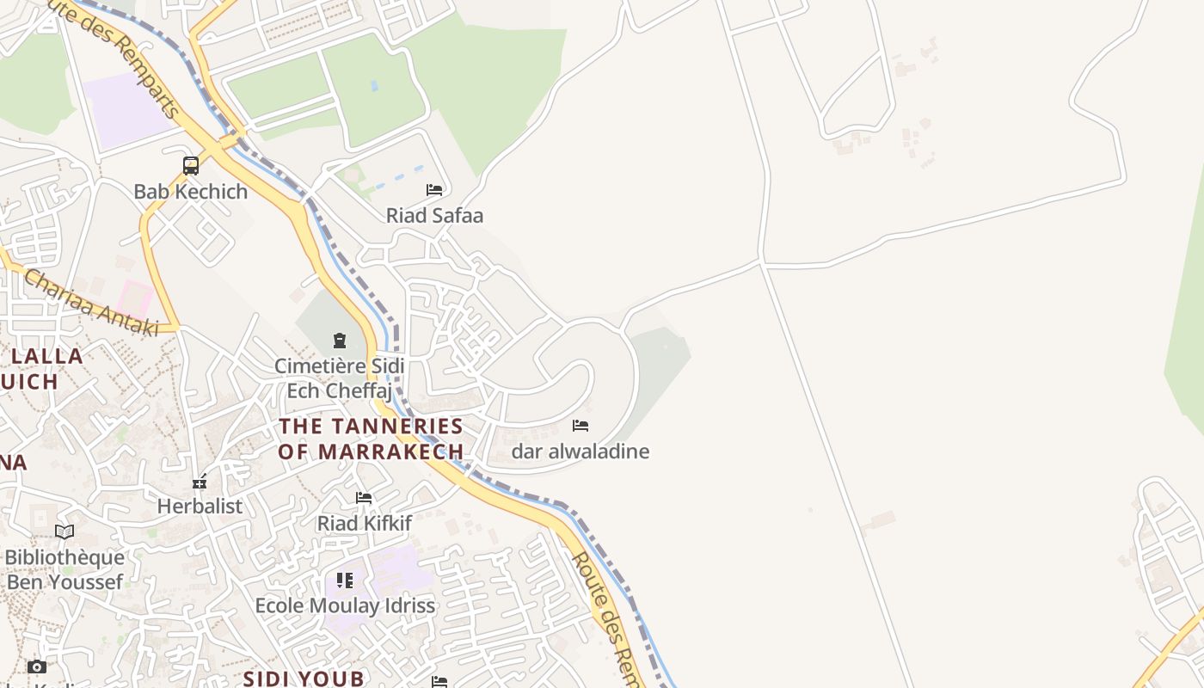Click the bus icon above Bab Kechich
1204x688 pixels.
pos(191,165)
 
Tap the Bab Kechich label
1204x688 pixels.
pos(190,191)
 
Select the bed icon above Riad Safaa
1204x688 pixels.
pos(434,189)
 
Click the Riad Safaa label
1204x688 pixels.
pos(434,215)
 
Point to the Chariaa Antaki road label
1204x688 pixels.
pos(91,302)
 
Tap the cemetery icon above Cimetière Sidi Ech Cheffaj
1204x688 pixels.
pos(339,341)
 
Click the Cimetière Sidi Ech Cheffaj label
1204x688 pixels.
pos(338,378)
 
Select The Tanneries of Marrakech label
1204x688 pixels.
pos(371,439)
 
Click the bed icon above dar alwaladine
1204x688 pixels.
pos(580,425)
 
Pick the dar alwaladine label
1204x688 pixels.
pos(580,451)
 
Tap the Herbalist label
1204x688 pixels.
pos(200,506)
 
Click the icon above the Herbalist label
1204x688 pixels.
pos(200,482)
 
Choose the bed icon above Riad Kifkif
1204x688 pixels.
pos(364,498)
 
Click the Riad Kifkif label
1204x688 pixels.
pos(364,523)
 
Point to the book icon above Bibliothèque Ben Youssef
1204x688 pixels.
pos(64,531)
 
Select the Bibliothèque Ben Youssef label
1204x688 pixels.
pos(64,569)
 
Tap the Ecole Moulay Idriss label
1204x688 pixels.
pos(345,605)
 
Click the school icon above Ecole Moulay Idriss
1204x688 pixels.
pos(345,580)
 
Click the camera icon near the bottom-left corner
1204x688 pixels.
pos(36,666)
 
